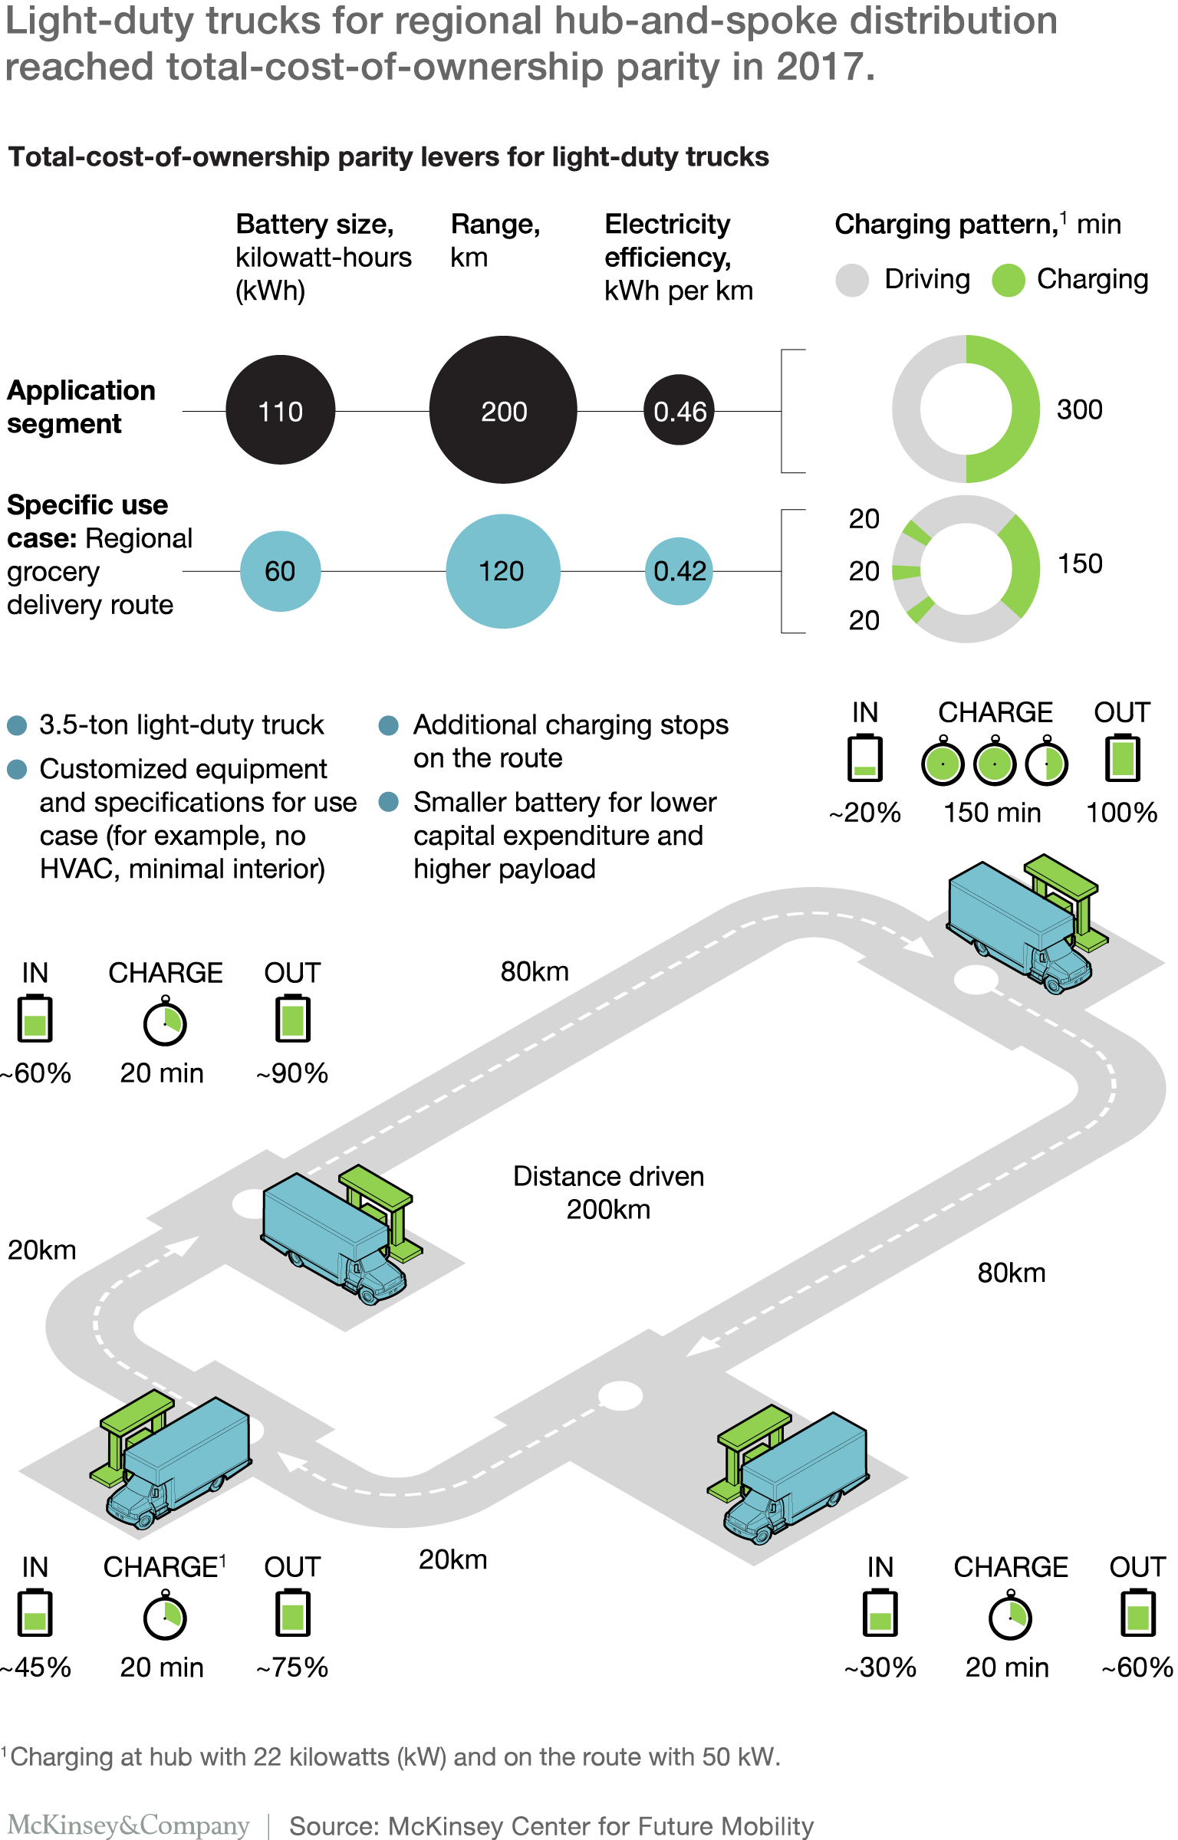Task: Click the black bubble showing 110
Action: (x=281, y=410)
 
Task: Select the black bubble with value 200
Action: (x=503, y=410)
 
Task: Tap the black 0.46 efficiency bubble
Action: (x=679, y=410)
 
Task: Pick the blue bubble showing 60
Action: (x=281, y=571)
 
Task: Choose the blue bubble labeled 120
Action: (x=503, y=571)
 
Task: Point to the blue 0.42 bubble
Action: (x=679, y=571)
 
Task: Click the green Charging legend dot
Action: (x=1008, y=280)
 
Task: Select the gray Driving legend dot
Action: (x=852, y=280)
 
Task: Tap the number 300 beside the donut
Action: (x=1080, y=410)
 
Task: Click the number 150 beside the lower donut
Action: (x=1080, y=563)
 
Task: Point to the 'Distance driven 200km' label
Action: (x=608, y=1193)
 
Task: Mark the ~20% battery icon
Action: (x=865, y=758)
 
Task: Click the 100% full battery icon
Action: (x=1123, y=758)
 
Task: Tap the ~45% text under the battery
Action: (x=36, y=1667)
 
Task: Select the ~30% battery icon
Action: (x=880, y=1614)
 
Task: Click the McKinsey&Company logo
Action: (x=129, y=1825)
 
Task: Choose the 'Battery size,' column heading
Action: (x=314, y=224)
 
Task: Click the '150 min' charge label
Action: (x=992, y=813)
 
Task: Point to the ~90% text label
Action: (x=292, y=1073)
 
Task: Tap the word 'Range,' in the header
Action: (x=495, y=224)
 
